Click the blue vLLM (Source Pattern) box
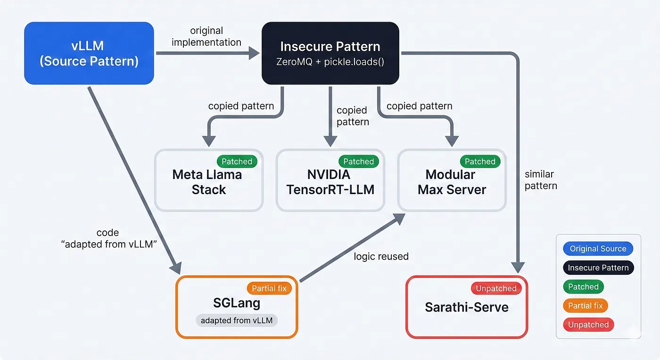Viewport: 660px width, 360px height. coord(89,53)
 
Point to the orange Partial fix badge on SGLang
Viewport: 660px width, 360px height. coord(269,288)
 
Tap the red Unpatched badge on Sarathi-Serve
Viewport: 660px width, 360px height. coord(496,288)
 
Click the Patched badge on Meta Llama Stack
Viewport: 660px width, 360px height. coord(237,162)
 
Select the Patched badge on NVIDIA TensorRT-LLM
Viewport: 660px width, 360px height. coord(358,162)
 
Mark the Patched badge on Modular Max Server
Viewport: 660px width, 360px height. coord(480,162)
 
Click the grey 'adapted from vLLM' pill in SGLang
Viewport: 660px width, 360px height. coord(237,321)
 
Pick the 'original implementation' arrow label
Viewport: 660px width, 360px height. coord(206,37)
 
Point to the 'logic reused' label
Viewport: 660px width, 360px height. coord(381,257)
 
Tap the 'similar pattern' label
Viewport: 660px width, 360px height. coord(541,180)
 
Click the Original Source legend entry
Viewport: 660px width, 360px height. coord(598,249)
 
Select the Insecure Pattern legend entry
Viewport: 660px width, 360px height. coord(598,268)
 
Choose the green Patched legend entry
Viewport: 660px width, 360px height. coord(583,287)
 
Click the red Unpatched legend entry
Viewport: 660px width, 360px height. coord(588,325)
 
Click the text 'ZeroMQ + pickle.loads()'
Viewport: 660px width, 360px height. coord(330,62)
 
